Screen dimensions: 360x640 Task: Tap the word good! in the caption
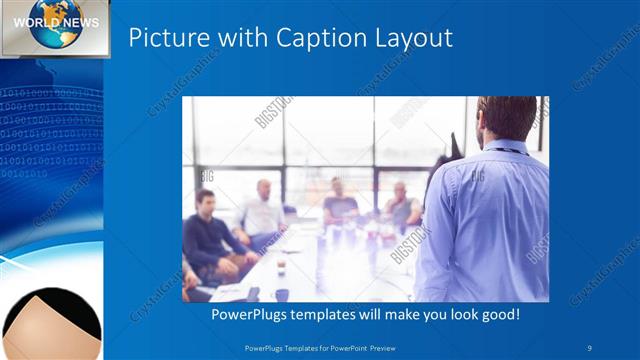pyautogui.click(x=497, y=315)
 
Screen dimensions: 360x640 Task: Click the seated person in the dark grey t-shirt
pyautogui.click(x=339, y=206)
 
